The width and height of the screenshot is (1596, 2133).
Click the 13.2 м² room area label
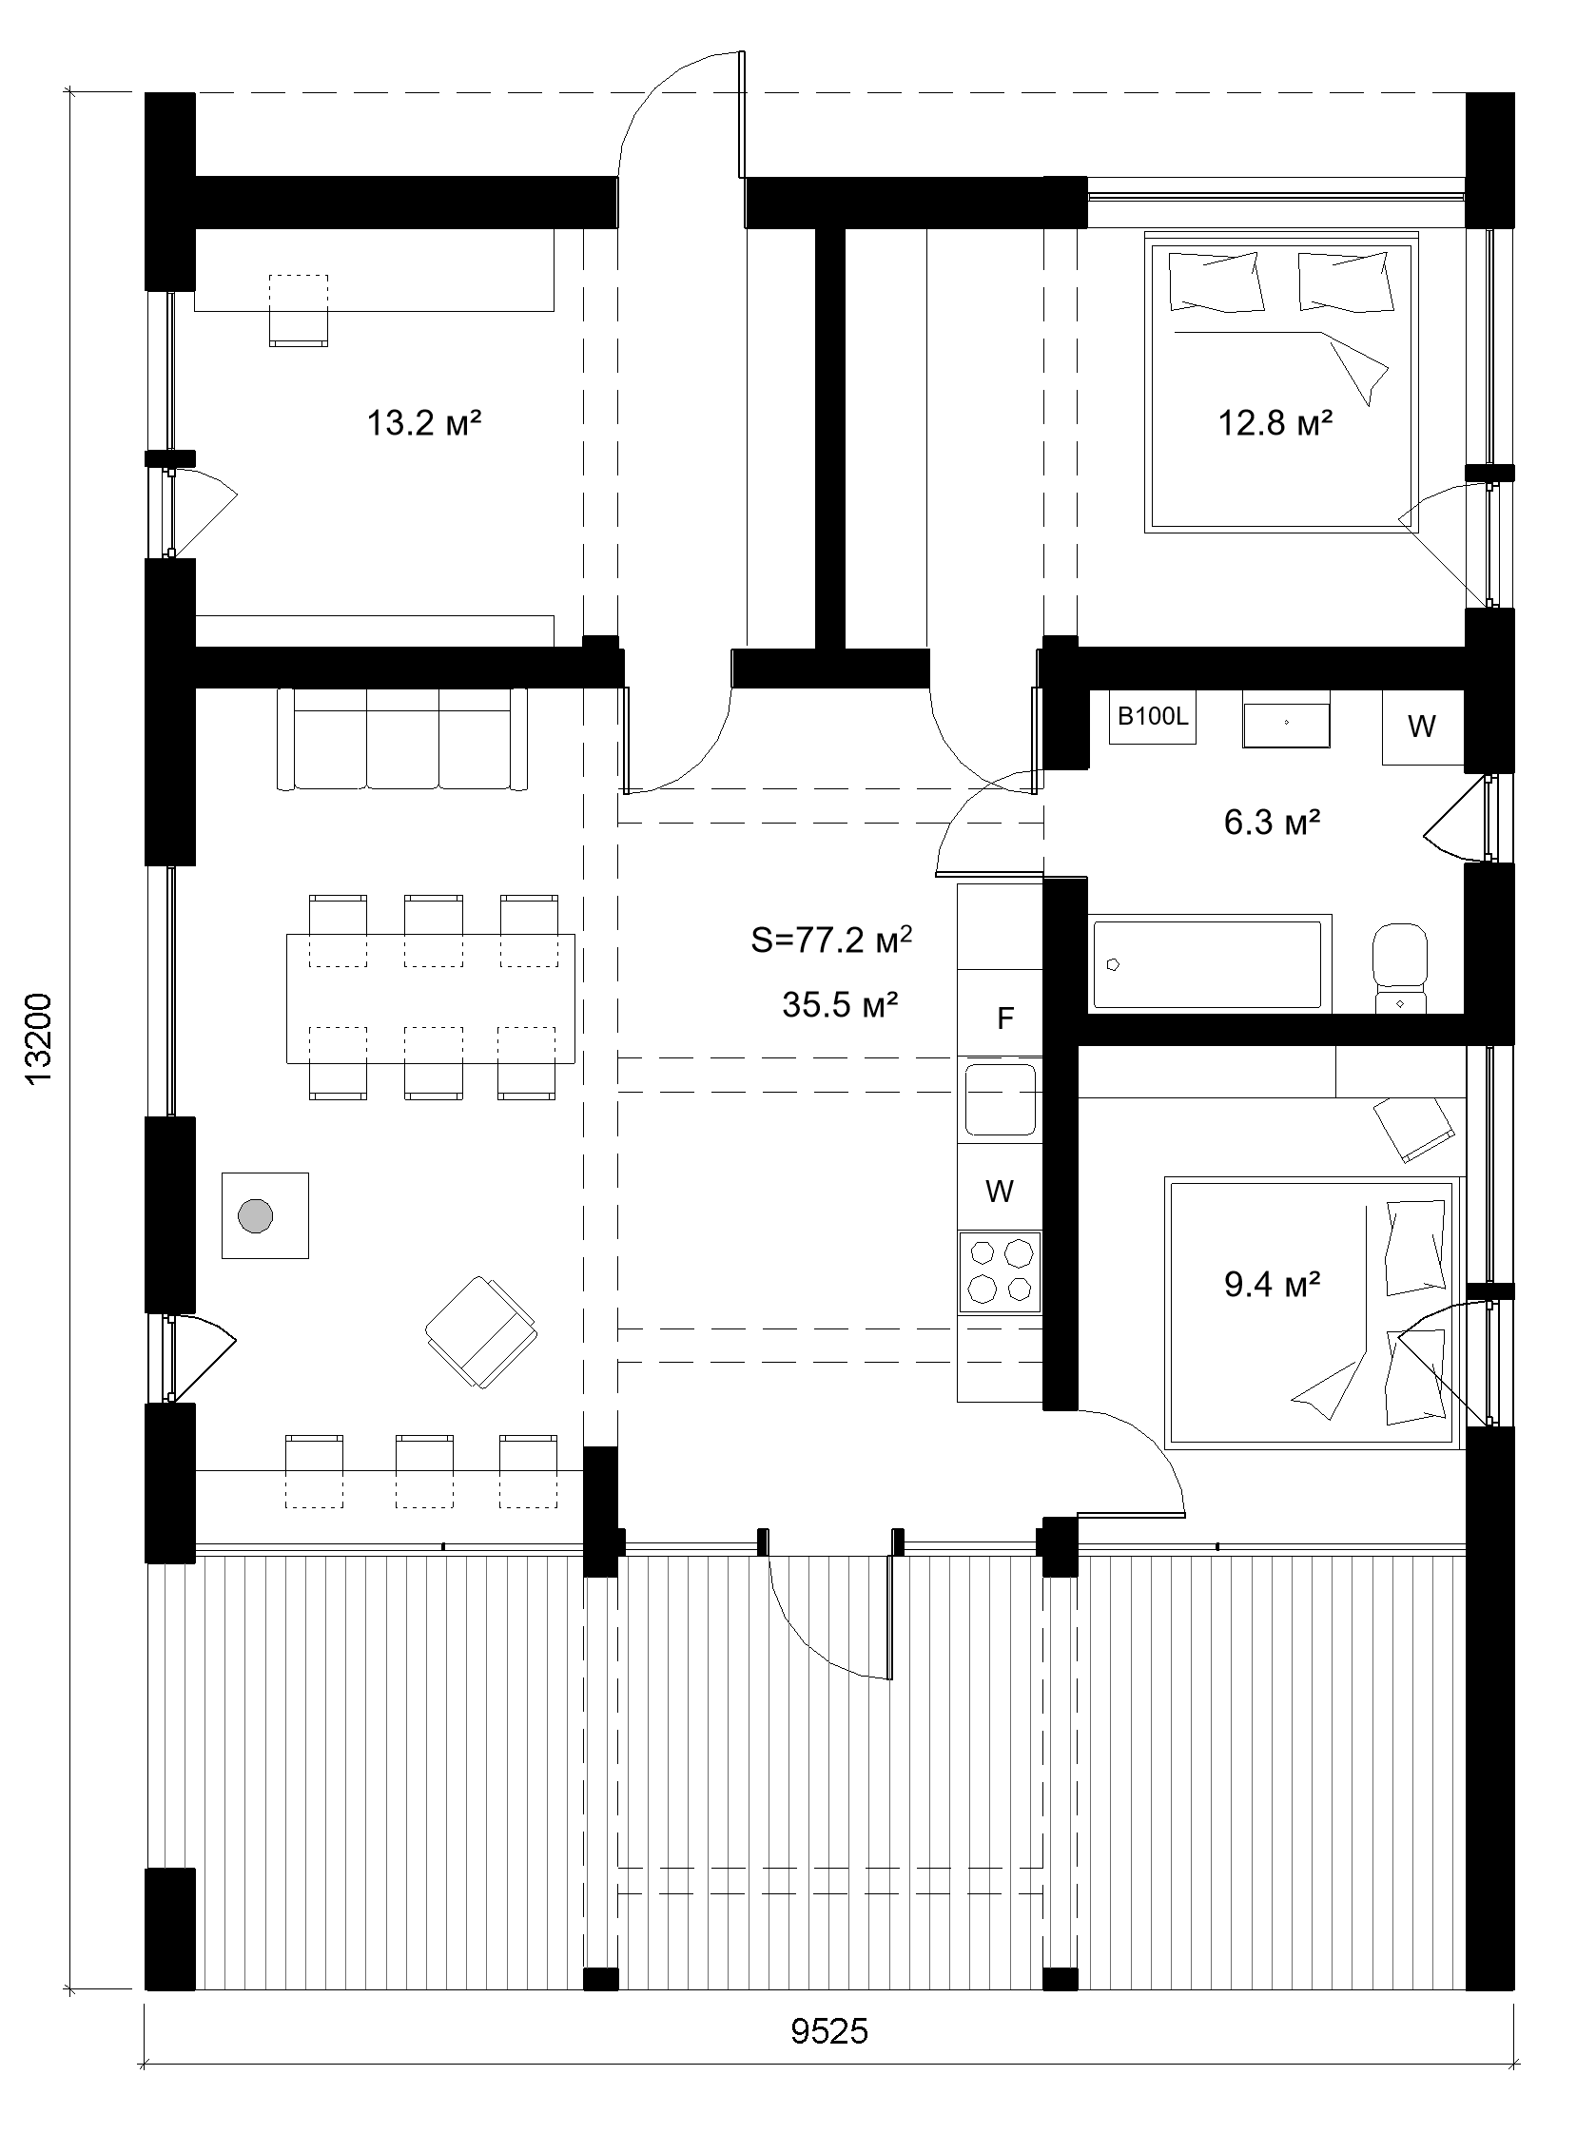423,423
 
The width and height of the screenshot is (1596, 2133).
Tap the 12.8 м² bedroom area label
1275,423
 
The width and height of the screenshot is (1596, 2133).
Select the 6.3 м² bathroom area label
1271,823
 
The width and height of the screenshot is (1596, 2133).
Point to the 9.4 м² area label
1271,1285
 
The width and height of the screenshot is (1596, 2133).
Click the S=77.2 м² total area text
831,940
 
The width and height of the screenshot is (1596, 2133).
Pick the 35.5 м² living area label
840,1006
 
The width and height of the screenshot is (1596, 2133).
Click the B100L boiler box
1153,717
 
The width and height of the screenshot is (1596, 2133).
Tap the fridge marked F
1003,1018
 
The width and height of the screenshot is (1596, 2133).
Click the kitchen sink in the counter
999,1098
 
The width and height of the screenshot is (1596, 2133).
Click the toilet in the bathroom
1399,964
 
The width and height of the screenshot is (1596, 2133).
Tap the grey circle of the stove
256,1215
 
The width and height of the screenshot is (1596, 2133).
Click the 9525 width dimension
829,2059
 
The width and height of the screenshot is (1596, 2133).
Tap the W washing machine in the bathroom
1421,727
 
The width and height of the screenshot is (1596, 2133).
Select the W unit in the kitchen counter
999,1191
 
